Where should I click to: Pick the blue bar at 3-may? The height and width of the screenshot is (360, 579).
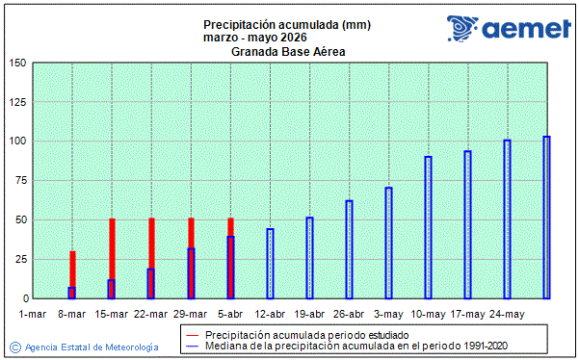click(x=388, y=243)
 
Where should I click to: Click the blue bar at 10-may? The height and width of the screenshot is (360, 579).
click(x=428, y=227)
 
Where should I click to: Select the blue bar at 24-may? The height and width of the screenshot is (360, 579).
click(x=507, y=219)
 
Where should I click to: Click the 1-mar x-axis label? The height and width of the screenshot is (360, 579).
click(x=33, y=314)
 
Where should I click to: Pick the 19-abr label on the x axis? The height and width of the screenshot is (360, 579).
click(x=309, y=314)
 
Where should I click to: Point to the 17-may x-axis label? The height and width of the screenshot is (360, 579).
click(x=467, y=314)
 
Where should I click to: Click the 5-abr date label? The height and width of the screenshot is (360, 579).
click(x=230, y=314)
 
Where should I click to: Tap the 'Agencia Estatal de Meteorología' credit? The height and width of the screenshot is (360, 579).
click(x=92, y=346)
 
